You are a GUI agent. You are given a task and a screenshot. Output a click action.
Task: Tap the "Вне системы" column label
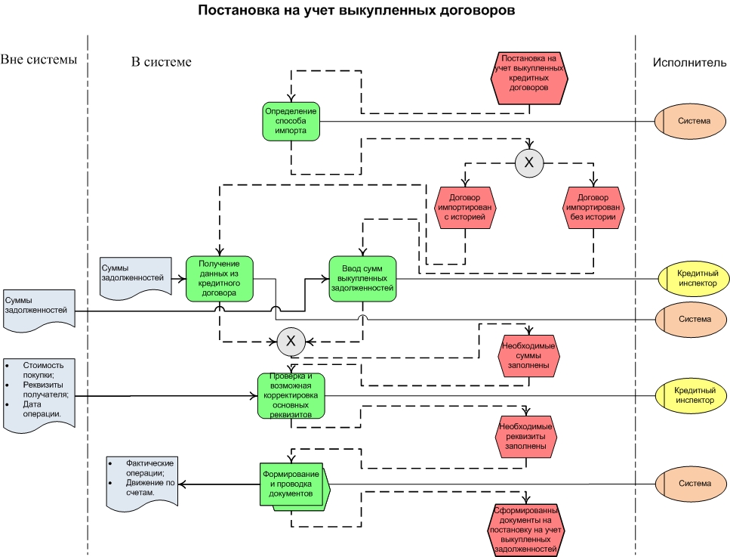[39, 60]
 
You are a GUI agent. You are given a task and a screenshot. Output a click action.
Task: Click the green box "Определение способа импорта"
[291, 121]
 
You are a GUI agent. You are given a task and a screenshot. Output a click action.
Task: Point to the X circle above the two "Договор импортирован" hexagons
[529, 162]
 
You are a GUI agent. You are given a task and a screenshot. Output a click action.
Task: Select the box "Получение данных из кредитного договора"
[219, 278]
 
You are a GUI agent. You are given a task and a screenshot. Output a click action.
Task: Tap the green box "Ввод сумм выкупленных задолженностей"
[362, 279]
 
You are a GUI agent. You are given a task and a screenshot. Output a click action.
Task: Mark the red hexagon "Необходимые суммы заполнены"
[528, 356]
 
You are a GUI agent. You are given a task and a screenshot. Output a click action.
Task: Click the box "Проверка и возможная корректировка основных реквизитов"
[291, 395]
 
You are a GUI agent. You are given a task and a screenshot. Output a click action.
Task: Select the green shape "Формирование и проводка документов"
[293, 484]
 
